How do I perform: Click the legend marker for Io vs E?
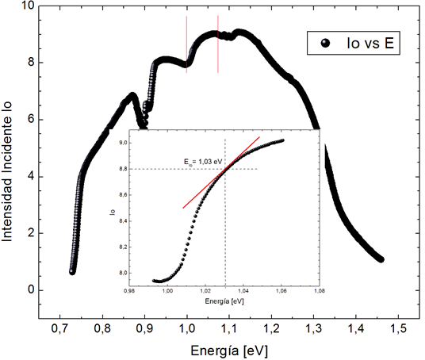tap(325, 43)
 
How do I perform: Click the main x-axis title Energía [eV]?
tap(229, 351)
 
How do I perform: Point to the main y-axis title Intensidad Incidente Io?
tap(7, 171)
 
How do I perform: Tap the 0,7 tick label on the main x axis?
tap(60, 328)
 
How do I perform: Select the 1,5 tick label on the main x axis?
tap(398, 328)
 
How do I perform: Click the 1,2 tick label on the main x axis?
tap(271, 328)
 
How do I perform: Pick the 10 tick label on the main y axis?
tap(28, 6)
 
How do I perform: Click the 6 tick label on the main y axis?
tap(31, 119)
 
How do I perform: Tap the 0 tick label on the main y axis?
tap(31, 289)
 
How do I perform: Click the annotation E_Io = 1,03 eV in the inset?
tap(203, 162)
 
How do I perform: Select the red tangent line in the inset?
tap(221, 172)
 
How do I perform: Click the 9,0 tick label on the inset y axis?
tap(123, 143)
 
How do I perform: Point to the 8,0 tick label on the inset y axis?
tap(123, 273)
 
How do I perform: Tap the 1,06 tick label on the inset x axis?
tap(281, 291)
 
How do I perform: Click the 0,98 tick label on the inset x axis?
tap(129, 291)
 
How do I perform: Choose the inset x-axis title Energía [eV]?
tap(224, 301)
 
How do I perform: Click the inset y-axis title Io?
tap(113, 212)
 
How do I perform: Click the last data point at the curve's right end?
tap(381, 260)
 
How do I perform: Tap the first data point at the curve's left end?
tap(72, 272)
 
